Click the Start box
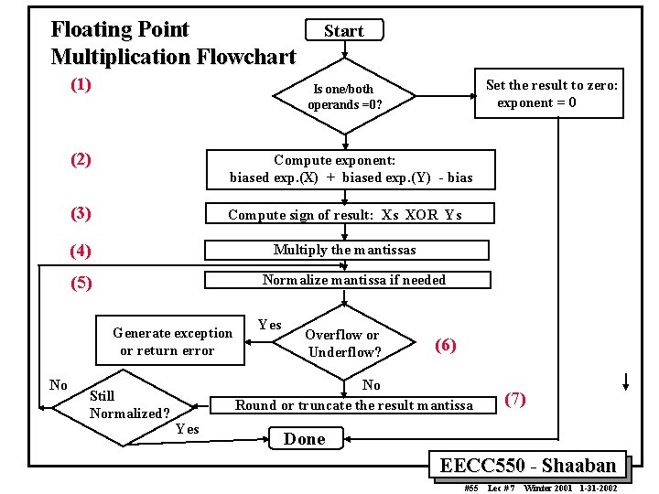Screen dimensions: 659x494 click(x=344, y=30)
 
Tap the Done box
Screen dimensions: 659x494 click(x=306, y=438)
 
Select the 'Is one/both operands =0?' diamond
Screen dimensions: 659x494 click(x=344, y=96)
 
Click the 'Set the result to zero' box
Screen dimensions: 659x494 click(x=549, y=93)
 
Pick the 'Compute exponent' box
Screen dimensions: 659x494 click(x=351, y=170)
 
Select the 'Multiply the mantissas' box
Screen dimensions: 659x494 click(x=347, y=250)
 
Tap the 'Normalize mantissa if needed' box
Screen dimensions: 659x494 click(x=348, y=280)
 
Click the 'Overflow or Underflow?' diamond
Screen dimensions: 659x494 click(x=344, y=342)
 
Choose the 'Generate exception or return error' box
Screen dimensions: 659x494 click(x=170, y=340)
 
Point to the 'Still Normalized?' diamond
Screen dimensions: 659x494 click(x=124, y=407)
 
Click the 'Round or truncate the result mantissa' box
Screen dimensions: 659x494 click(x=353, y=405)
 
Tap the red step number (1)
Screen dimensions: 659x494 click(x=81, y=85)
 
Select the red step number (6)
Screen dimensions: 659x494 click(x=446, y=345)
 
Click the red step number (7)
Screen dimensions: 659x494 click(x=515, y=400)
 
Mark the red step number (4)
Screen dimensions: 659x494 click(x=81, y=252)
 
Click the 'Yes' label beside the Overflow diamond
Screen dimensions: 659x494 click(x=270, y=324)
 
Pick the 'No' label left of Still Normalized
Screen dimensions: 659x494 click(x=59, y=385)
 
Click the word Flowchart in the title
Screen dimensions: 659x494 click(x=246, y=57)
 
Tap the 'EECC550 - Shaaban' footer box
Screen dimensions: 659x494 click(x=527, y=465)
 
